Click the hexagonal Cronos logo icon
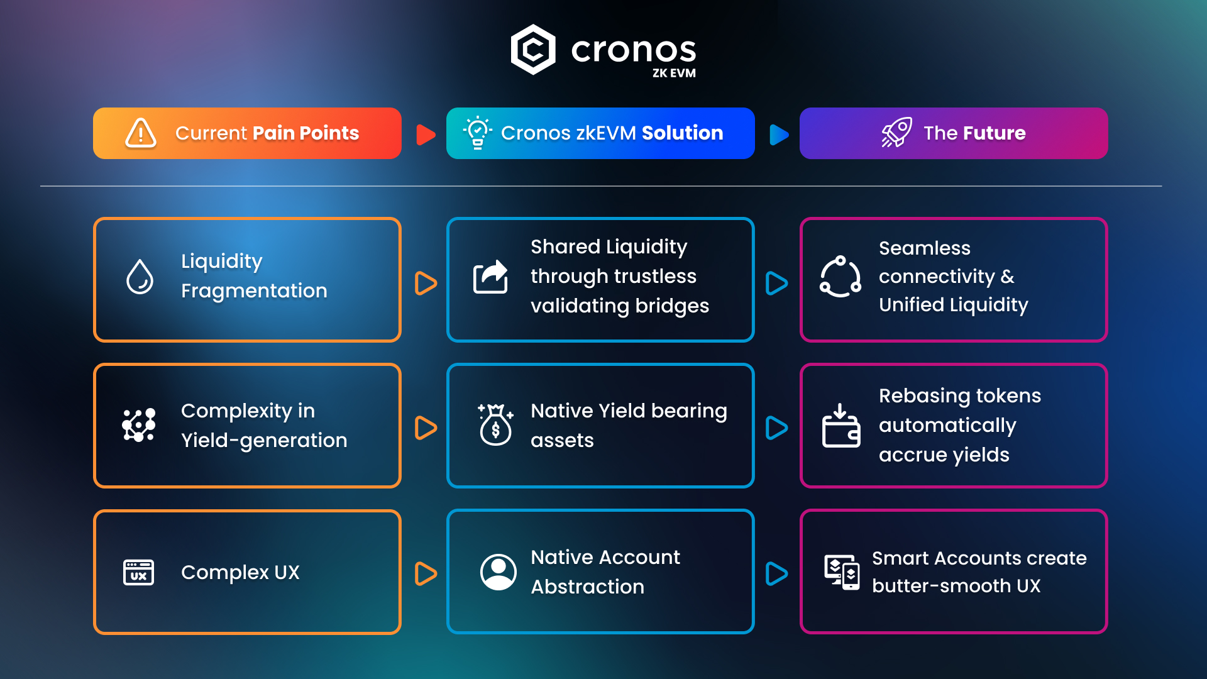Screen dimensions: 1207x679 point(533,50)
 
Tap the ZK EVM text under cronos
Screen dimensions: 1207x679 point(674,73)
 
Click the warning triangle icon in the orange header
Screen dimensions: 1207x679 point(141,133)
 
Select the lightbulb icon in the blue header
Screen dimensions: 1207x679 point(478,132)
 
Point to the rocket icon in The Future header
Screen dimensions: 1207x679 point(896,132)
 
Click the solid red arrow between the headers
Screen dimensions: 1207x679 point(426,134)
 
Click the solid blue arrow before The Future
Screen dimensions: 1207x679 point(779,134)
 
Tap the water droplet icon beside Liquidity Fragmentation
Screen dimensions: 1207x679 point(140,277)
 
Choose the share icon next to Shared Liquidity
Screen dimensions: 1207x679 point(490,277)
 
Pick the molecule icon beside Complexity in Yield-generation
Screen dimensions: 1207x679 point(138,425)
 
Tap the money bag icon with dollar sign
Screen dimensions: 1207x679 point(495,424)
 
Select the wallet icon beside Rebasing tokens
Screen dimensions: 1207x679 point(841,426)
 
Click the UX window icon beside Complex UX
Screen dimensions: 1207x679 point(138,572)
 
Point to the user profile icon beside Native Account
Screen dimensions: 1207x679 point(499,572)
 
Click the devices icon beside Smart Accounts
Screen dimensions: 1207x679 point(842,572)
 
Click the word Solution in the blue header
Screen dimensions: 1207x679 point(682,133)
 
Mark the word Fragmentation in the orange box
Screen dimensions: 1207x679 point(254,291)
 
